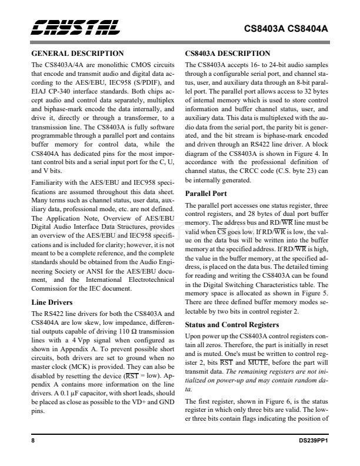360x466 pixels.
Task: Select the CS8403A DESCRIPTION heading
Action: [228, 53]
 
